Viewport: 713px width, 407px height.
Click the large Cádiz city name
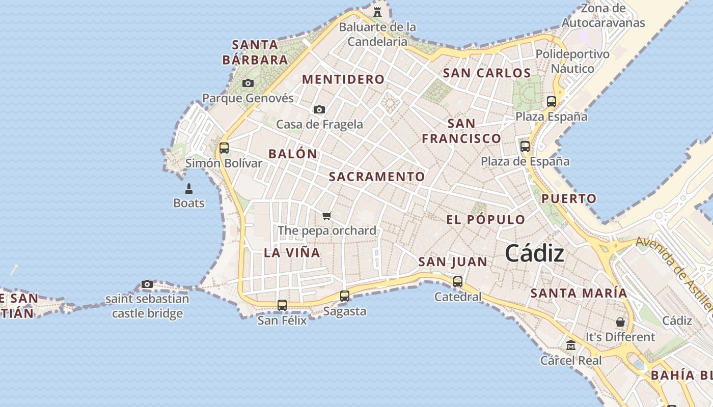pos(534,253)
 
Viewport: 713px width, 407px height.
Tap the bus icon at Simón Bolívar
pos(224,148)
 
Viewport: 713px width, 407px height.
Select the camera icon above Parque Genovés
pos(248,83)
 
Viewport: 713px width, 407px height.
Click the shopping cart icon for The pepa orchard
pos(327,216)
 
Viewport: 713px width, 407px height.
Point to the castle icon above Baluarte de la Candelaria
pos(377,12)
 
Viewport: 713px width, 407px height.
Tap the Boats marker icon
pos(189,189)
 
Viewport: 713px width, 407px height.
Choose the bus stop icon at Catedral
pos(458,281)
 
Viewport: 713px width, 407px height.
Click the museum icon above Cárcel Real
pos(571,345)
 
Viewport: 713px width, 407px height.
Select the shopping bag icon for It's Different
pos(620,322)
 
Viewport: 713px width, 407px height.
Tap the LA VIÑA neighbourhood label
pos(292,253)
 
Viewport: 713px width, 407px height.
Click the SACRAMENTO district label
pos(376,177)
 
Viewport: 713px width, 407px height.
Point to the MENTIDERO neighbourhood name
pos(343,79)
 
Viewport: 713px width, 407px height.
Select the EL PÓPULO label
pos(485,220)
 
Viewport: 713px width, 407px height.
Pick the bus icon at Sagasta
pos(345,296)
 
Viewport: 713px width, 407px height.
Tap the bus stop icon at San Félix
pos(282,305)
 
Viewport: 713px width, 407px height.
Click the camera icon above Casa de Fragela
pos(319,109)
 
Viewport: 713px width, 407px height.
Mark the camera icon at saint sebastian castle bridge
pos(147,284)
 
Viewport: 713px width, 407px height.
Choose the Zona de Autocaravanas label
pos(603,16)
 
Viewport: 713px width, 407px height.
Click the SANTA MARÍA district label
pos(579,293)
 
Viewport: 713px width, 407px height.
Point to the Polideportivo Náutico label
pos(572,61)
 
